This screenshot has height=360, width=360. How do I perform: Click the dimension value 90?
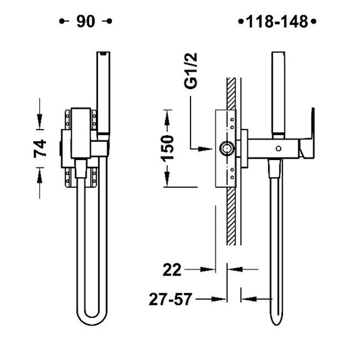point(86,22)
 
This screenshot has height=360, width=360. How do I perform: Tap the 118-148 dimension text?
point(277,22)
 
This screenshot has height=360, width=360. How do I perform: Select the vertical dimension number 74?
point(40,149)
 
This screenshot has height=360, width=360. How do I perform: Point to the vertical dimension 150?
point(167,148)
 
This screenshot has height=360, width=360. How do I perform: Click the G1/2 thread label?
point(190,71)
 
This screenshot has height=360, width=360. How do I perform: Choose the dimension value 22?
point(172,269)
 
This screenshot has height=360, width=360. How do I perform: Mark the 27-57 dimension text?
point(170,299)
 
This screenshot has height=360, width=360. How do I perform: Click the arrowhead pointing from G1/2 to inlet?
point(205,149)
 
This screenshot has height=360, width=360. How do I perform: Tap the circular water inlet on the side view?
point(227,149)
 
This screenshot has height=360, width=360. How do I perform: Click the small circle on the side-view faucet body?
point(278,149)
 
